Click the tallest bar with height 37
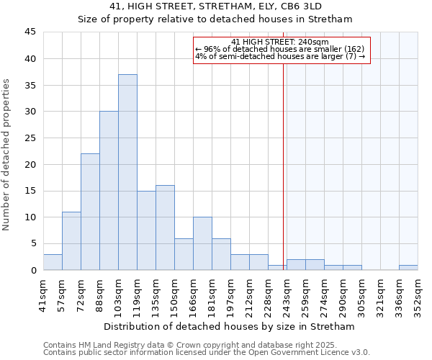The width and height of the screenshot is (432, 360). click(x=127, y=172)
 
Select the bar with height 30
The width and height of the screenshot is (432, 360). click(x=109, y=191)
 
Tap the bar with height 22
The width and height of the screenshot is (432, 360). click(x=90, y=212)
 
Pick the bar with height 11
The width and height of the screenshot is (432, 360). click(x=71, y=240)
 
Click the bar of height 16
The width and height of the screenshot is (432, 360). click(x=165, y=228)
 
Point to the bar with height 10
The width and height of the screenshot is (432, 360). click(x=202, y=243)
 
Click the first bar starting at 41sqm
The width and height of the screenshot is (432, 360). click(x=53, y=262)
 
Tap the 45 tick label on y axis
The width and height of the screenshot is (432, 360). click(x=30, y=32)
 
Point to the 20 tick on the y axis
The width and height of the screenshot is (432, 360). click(x=30, y=164)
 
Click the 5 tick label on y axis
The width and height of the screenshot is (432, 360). click(x=32, y=243)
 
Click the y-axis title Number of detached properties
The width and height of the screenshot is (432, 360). click(x=7, y=151)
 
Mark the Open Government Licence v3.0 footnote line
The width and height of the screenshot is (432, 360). click(x=207, y=353)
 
